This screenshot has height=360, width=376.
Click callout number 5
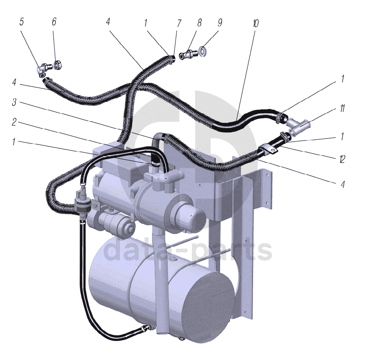tap(22, 22)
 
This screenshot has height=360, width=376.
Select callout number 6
tap(54, 22)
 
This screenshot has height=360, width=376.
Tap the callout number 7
tap(179, 23)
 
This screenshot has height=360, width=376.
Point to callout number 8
tap(200, 23)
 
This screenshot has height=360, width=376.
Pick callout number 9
tap(220, 23)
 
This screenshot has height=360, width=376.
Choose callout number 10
tap(255, 23)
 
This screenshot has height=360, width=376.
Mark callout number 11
tap(342, 108)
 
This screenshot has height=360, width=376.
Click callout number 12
tap(342, 159)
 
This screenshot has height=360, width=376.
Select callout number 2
tap(14, 123)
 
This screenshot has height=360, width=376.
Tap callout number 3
tap(14, 102)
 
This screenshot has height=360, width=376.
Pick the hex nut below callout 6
tap(58, 66)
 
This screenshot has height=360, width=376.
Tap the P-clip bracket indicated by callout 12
tap(267, 150)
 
